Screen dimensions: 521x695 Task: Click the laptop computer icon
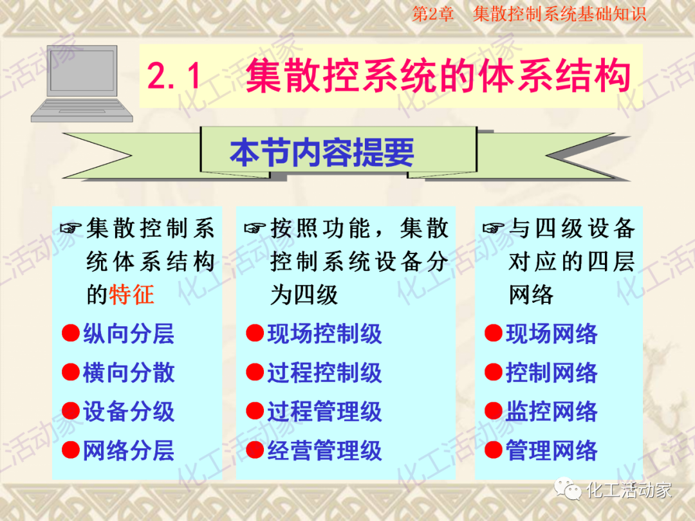pos(82,84)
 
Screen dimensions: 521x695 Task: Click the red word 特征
pos(132,295)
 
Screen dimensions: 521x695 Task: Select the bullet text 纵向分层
pos(129,334)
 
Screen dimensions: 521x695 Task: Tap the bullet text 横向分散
pos(129,373)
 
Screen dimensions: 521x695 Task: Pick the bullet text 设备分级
pos(129,412)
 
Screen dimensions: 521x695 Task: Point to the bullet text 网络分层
pos(129,450)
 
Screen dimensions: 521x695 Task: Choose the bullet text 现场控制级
pos(324,334)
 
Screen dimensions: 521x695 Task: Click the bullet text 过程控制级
pos(324,373)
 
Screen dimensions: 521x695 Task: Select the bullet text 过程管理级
pos(324,412)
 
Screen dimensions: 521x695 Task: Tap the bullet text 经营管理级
pos(324,450)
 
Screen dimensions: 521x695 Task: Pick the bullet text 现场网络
pos(551,334)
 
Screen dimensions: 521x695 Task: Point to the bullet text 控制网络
pos(551,373)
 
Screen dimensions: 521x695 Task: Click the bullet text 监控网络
pos(551,412)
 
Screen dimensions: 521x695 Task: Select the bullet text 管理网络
pos(551,450)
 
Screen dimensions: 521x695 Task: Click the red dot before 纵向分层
pos(70,334)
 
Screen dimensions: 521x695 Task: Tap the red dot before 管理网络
pos(493,450)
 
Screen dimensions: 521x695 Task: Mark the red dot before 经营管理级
pos(255,450)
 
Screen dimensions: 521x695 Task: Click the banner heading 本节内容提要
pos(322,153)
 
